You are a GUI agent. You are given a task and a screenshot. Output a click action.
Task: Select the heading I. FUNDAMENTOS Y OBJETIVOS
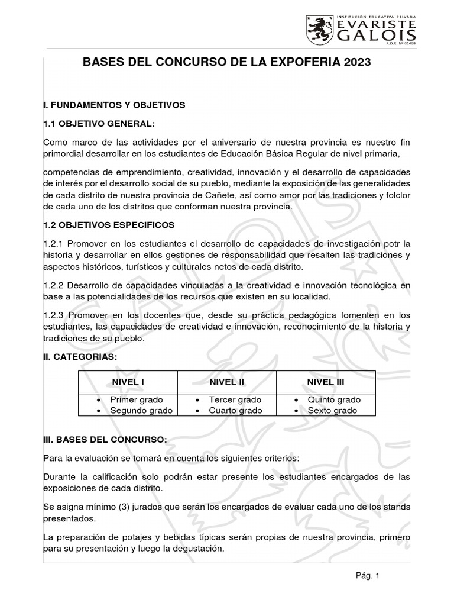tap(114, 105)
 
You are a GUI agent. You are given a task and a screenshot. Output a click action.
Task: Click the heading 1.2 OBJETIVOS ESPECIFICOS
tap(108, 225)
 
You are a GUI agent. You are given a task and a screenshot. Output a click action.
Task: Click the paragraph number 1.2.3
tap(57, 316)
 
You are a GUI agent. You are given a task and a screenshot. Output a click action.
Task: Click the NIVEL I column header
tap(128, 382)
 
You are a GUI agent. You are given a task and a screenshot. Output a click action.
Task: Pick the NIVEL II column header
tap(227, 382)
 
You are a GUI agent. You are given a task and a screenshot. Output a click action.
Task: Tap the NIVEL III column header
tap(325, 382)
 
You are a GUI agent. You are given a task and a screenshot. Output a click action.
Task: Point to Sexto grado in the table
tap(332, 410)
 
